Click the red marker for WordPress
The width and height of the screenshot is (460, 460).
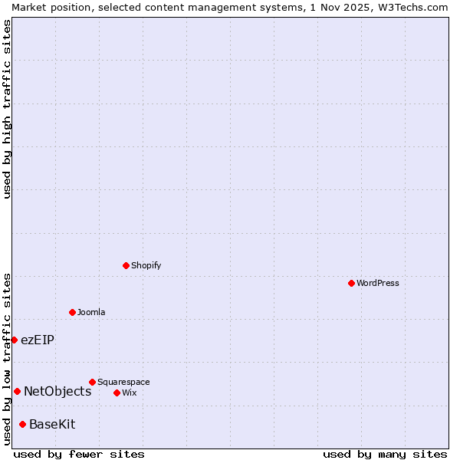351,283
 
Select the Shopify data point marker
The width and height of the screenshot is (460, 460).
126,265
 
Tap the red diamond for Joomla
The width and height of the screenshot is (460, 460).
72,312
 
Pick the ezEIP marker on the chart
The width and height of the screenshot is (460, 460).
14,340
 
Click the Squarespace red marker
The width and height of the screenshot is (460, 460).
92,382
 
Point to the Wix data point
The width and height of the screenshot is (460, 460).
117,393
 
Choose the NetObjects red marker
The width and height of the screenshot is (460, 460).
17,391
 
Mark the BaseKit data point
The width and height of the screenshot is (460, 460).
22,424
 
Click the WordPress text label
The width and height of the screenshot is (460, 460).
378,283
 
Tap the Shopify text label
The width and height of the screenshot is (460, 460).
146,265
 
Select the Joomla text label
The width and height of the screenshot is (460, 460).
91,312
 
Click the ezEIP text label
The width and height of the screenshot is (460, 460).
38,340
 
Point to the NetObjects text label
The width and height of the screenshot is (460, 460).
58,391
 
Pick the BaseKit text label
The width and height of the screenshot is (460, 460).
52,424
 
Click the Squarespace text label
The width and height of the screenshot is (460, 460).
123,382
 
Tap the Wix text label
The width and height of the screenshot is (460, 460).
129,393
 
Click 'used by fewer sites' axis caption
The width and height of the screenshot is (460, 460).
79,454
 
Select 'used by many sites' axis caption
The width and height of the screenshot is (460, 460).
385,454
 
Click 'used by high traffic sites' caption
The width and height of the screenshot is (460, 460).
7,109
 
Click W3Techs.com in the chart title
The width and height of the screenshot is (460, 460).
410,7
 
